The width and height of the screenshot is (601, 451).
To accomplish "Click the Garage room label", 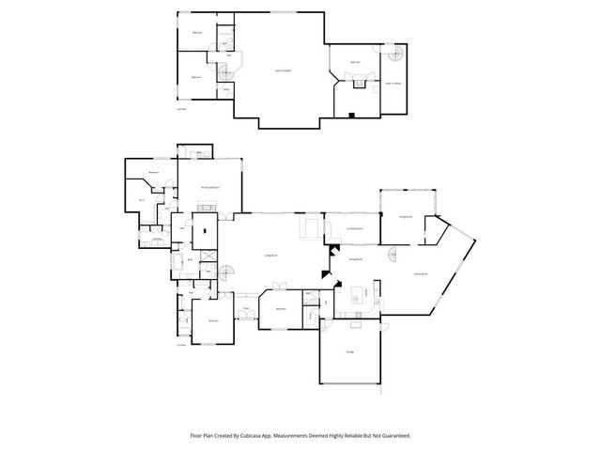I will (350, 351).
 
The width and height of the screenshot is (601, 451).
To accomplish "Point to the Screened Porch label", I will (355, 228).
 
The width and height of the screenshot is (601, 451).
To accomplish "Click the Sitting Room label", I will (406, 216).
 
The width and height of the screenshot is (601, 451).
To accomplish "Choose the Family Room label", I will (421, 274).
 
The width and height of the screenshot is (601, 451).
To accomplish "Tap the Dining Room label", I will (356, 258).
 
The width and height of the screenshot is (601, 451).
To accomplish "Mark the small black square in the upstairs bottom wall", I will (349, 116).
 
